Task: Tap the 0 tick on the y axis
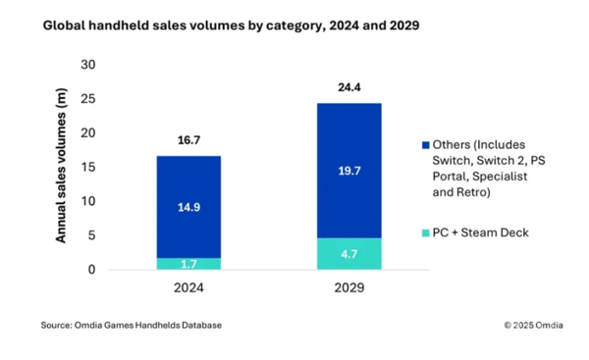pos(93,269)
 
